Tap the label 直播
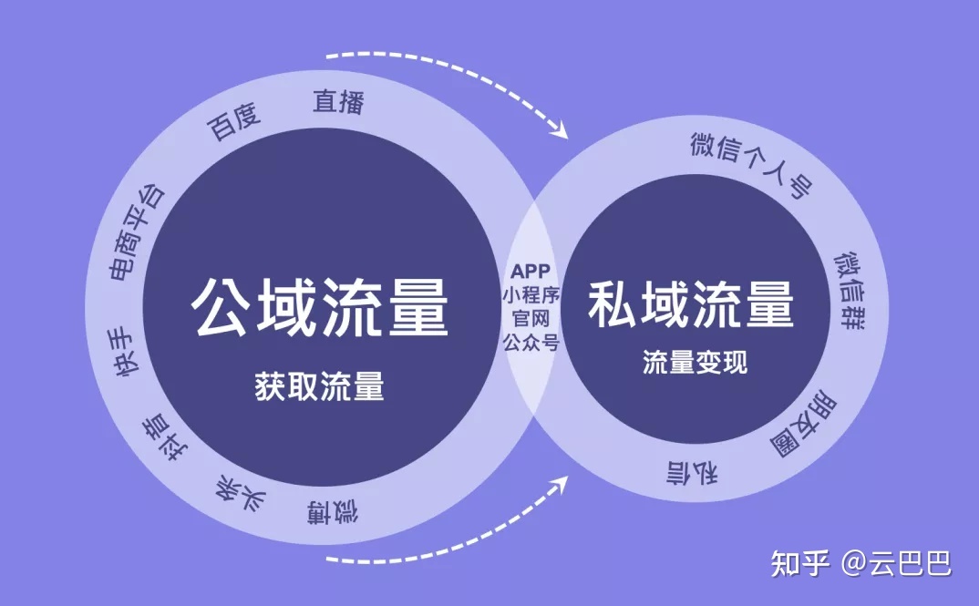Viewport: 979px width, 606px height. point(338,102)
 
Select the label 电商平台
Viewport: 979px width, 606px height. point(137,232)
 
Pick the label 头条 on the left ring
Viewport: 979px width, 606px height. point(241,493)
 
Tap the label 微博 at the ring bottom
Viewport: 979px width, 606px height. point(332,512)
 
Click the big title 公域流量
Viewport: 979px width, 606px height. point(320,307)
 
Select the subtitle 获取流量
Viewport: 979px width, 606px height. point(319,385)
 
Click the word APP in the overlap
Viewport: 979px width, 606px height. point(531,272)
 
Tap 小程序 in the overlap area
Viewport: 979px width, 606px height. point(531,294)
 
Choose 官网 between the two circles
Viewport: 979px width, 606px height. point(531,318)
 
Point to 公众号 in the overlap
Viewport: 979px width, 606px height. point(531,342)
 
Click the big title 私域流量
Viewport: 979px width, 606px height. point(691,304)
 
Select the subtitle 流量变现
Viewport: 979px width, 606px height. point(695,362)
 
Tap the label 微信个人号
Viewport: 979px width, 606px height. point(752,163)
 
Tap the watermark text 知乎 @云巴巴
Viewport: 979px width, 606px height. point(861,563)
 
